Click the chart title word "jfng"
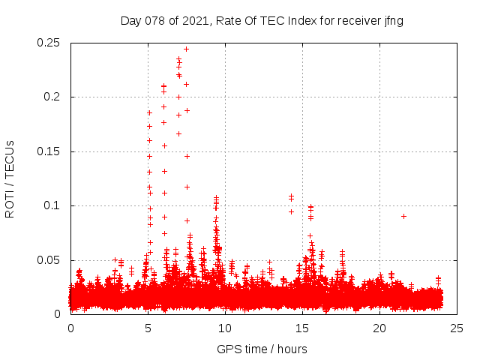point(394,21)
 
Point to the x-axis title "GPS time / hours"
point(262,349)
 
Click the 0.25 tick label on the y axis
point(49,43)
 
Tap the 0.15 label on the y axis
point(49,151)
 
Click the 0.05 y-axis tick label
point(49,260)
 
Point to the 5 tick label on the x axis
point(148,328)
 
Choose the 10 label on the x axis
point(225,328)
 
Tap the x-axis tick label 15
point(302,328)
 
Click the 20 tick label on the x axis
point(379,328)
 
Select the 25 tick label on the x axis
point(457,328)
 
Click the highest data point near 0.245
point(186,49)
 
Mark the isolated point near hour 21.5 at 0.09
point(403,216)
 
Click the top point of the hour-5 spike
point(149,112)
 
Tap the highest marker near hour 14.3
point(291,196)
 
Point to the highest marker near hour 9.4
point(216,198)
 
